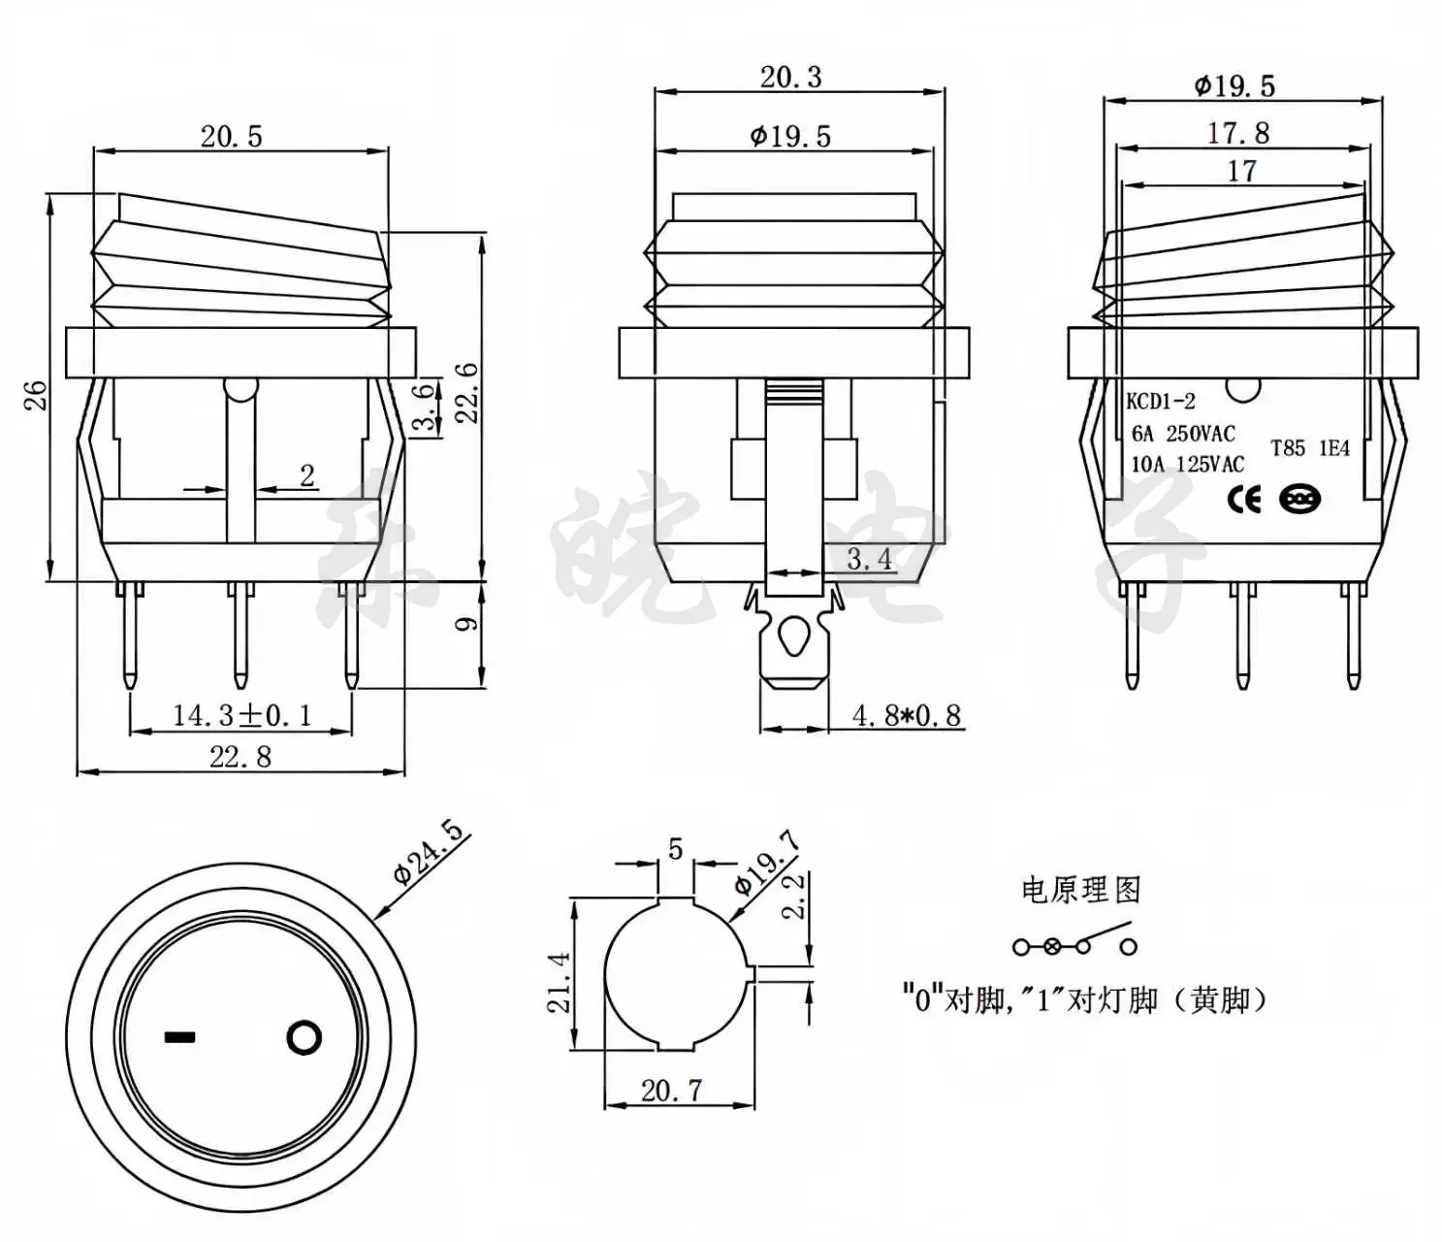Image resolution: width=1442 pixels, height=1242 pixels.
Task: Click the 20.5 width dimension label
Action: coord(232,136)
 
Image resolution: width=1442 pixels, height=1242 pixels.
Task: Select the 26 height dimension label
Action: coord(35,395)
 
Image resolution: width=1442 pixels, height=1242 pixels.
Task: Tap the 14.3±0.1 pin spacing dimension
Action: coord(241,715)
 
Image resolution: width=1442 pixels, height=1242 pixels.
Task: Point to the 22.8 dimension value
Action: coord(240,757)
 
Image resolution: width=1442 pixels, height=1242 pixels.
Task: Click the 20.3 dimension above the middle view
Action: coord(791,77)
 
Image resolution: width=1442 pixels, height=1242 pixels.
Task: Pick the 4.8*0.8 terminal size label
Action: coord(907,715)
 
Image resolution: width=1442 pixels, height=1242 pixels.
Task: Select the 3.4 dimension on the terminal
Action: coord(869,559)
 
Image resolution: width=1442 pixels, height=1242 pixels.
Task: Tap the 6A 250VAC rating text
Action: coord(1183,434)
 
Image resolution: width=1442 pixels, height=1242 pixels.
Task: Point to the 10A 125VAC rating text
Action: coord(1187,464)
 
